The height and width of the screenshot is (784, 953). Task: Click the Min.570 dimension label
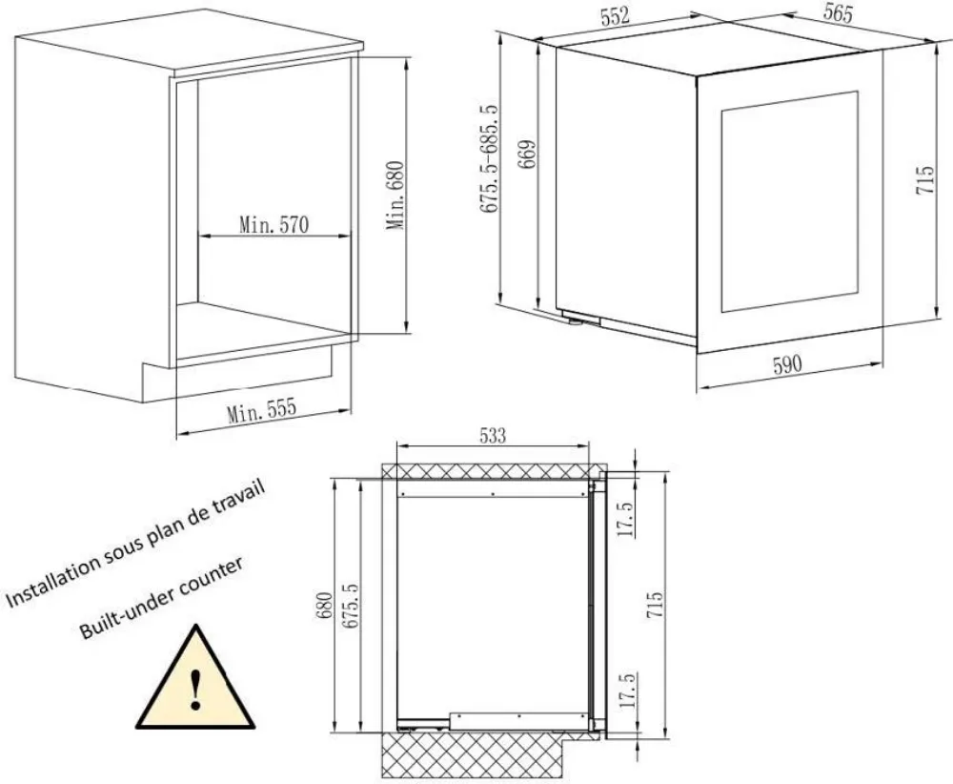[x=274, y=226]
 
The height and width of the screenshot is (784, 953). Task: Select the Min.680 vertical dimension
[x=397, y=195]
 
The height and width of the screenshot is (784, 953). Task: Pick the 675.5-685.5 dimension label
[x=492, y=157]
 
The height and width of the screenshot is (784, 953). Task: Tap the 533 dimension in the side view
[x=492, y=436]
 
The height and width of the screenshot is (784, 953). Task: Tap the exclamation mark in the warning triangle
[x=196, y=688]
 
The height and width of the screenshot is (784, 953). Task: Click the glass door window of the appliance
[x=789, y=201]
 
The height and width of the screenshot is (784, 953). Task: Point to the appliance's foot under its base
[x=576, y=320]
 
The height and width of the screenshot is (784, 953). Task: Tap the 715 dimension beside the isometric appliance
[x=923, y=181]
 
